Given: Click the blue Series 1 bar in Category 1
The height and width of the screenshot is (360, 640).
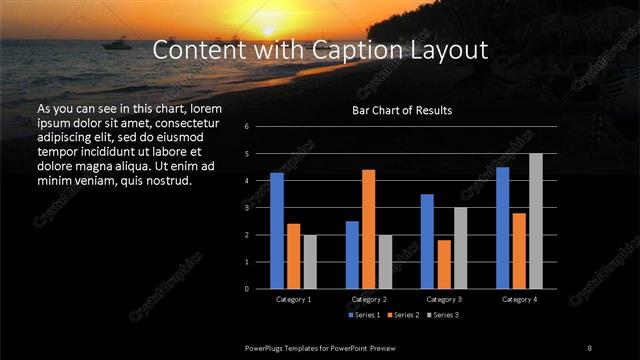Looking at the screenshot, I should [x=277, y=231].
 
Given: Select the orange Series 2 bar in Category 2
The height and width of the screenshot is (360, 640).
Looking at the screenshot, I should [x=369, y=229].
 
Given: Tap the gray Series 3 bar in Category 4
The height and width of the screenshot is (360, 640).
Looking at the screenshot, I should [x=536, y=221].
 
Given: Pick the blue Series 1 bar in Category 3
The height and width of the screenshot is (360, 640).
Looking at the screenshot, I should [x=427, y=241].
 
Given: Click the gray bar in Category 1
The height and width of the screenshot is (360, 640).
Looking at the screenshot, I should [x=310, y=262].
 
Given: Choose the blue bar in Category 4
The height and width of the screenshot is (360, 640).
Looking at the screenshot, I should [x=502, y=228].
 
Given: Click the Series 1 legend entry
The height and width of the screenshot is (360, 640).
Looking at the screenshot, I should [x=364, y=316].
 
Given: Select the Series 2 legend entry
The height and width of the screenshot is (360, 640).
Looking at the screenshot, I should [x=403, y=316].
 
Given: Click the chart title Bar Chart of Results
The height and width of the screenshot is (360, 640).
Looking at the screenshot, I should [x=401, y=110].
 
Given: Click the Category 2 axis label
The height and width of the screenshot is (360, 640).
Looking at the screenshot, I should [x=369, y=299].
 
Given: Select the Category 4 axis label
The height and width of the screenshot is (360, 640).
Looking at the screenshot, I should [x=519, y=299].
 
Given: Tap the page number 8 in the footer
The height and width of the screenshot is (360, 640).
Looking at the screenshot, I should [x=589, y=347].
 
